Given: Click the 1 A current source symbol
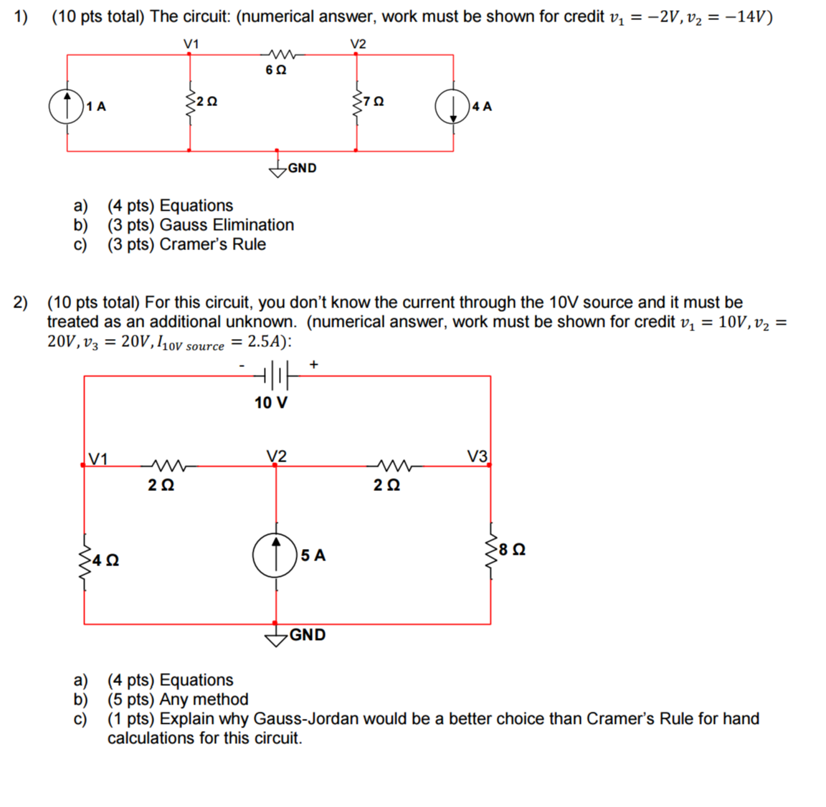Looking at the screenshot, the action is (x=66, y=107).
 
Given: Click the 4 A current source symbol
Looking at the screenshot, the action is (x=452, y=107).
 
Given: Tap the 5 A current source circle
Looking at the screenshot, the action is (x=275, y=555).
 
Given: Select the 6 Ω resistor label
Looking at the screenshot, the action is (x=275, y=70).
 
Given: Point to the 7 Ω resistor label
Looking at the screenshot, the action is (x=373, y=102).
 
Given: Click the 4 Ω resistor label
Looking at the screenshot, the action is (x=107, y=560).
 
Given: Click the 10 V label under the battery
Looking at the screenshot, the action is (x=271, y=403).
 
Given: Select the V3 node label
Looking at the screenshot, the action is (x=478, y=456).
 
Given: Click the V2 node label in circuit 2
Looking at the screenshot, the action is (x=276, y=456).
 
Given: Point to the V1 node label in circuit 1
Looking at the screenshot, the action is (x=191, y=44).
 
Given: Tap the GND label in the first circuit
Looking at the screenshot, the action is (x=302, y=168).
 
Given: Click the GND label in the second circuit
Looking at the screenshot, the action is (x=308, y=635).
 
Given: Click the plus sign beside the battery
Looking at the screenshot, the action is (x=313, y=365).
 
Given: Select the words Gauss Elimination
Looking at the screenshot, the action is (x=227, y=225).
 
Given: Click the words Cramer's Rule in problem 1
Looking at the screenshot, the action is (x=212, y=244).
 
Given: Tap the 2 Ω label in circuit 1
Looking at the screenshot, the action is (x=207, y=102).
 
